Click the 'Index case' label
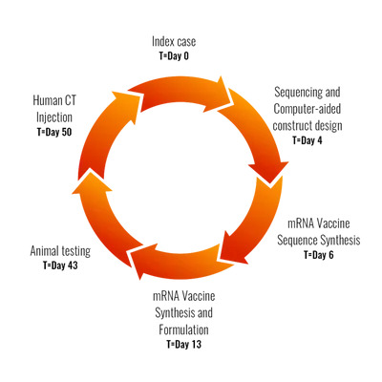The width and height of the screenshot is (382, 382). click(x=174, y=41)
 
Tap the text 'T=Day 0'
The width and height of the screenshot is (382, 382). click(x=174, y=56)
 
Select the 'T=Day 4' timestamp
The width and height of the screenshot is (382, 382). click(x=308, y=140)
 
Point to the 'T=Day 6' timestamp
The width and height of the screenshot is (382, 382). click(x=319, y=255)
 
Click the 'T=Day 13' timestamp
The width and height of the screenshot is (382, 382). click(x=184, y=344)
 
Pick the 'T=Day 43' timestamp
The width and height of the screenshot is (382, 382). click(x=60, y=265)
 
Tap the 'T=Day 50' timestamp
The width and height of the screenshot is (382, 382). click(x=54, y=132)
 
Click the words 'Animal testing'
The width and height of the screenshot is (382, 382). click(x=60, y=251)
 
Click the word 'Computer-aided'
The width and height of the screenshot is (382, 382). click(x=308, y=109)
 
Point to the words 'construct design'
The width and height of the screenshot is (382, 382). click(x=308, y=125)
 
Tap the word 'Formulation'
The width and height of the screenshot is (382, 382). click(x=184, y=329)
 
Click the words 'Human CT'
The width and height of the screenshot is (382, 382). click(x=54, y=101)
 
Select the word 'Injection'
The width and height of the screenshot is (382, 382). click(x=54, y=117)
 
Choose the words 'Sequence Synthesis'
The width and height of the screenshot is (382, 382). click(x=319, y=240)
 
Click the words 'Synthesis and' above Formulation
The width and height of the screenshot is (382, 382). click(x=184, y=313)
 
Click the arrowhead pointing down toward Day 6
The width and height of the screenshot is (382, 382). click(x=269, y=172)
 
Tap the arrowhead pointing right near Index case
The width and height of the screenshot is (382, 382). click(x=222, y=94)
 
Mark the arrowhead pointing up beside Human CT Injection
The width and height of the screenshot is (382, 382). click(x=126, y=105)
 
